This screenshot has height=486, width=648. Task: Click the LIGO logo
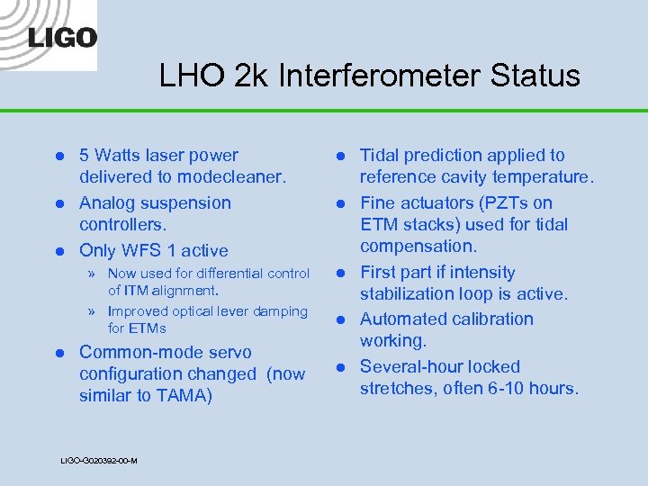(x=62, y=37)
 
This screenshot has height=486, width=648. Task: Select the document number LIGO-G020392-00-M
(x=99, y=461)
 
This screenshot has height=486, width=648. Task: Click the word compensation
(x=417, y=247)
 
